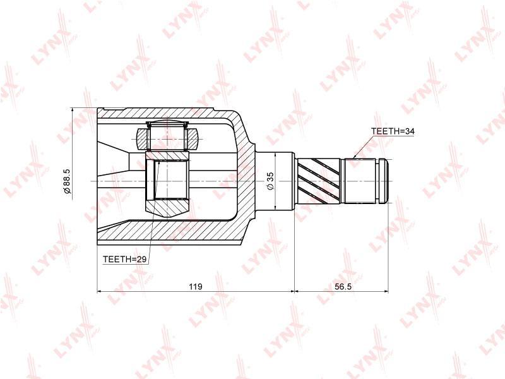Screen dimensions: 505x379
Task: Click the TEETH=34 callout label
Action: pyautogui.click(x=392, y=131)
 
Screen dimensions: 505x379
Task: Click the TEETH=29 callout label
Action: pyautogui.click(x=124, y=259)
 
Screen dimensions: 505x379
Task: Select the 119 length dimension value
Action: pyautogui.click(x=196, y=286)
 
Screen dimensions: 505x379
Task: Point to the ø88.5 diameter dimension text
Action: pyautogui.click(x=67, y=181)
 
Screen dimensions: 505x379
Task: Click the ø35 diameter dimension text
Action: pyautogui.click(x=270, y=181)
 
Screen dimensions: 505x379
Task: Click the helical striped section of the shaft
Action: pyautogui.click(x=319, y=181)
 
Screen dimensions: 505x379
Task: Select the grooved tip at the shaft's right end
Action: pyautogui.click(x=383, y=181)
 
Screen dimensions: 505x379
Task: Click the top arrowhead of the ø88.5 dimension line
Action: pyautogui.click(x=73, y=111)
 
